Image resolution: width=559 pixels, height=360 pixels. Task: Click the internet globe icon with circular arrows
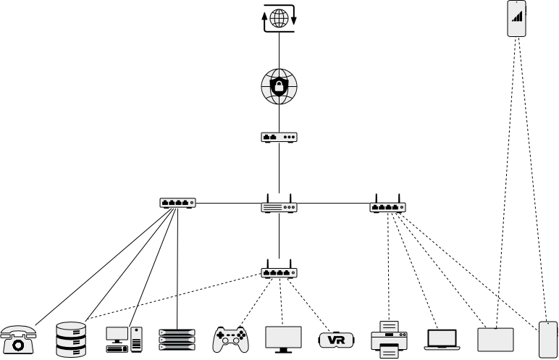279,19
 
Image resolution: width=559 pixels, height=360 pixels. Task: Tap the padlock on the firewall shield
279,87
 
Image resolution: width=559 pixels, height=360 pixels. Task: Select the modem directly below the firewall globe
279,136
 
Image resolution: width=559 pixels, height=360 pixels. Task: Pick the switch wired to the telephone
177,203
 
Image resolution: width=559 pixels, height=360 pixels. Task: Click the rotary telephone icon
18,340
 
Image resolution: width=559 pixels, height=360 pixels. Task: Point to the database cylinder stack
71,340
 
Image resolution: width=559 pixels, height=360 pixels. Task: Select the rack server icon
177,340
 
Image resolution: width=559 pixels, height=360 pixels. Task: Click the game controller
230,339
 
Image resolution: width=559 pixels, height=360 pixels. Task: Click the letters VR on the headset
336,340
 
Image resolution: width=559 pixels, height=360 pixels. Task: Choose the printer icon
389,339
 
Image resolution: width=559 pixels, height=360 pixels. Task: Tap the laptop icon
442,339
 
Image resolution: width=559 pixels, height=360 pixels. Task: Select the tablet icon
495,339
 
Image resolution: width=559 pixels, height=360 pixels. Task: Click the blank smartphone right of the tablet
548,339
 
